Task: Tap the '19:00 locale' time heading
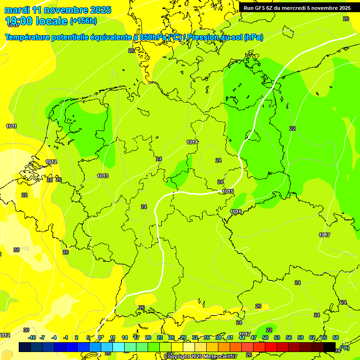pyautogui.click(x=36, y=21)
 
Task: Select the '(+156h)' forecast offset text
pyautogui.click(x=83, y=21)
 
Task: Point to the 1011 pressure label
pyautogui.click(x=12, y=127)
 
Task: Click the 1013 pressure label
pyautogui.click(x=103, y=176)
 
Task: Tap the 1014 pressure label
pyautogui.click(x=192, y=142)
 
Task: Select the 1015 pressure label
pyautogui.click(x=228, y=191)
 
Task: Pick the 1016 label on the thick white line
pyautogui.click(x=236, y=212)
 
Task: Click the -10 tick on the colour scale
pyautogui.click(x=32, y=337)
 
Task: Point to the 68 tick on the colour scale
pyautogui.click(x=336, y=337)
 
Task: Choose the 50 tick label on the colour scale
pyautogui.click(x=265, y=337)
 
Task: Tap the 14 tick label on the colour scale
pyautogui.click(x=125, y=337)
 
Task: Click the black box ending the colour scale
pyautogui.click(x=330, y=347)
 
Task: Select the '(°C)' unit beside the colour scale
pyautogui.click(x=344, y=348)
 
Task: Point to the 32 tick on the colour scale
pyautogui.click(x=195, y=337)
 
